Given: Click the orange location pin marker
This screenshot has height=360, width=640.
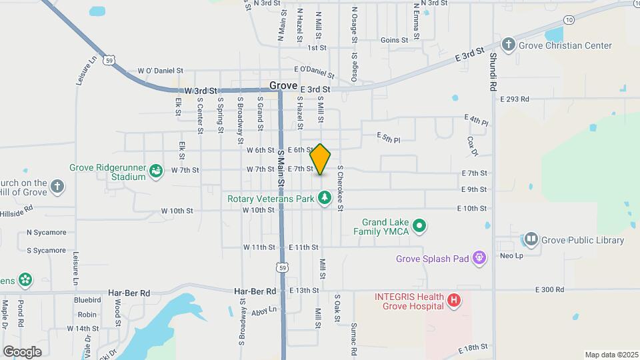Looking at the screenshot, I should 321,159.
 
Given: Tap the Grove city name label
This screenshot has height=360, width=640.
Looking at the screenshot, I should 283,86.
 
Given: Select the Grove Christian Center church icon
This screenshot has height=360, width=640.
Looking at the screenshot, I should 509,45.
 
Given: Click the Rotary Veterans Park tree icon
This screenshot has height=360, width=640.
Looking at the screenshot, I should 324,197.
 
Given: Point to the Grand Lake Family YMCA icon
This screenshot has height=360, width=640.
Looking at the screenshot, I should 419,227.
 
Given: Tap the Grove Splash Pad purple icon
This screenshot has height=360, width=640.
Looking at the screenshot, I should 479,258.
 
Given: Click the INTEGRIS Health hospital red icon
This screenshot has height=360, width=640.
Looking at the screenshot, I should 454,301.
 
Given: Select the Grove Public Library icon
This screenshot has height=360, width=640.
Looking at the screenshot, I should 531,239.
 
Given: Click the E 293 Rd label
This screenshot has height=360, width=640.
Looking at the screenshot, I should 515,99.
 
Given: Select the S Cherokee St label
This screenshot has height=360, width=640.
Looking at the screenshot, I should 340,189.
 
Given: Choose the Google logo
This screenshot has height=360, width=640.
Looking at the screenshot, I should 22,351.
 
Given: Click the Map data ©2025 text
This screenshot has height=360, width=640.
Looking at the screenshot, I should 611,355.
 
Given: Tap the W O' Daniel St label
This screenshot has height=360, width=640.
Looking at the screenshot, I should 160,70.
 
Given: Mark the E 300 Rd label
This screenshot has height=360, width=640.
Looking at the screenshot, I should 549,289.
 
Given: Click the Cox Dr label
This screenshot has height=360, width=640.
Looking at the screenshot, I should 473,147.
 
